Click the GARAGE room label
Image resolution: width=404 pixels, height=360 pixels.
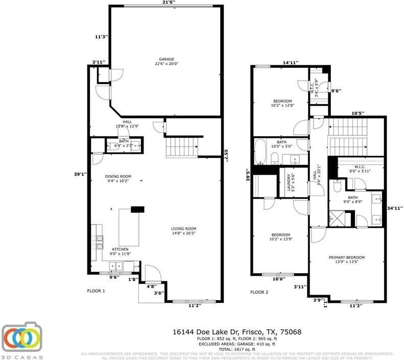pyautogui.click(x=166, y=61)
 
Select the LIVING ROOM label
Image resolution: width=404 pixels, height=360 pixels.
pyautogui.click(x=184, y=231)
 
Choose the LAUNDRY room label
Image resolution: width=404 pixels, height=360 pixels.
pyautogui.click(x=289, y=181)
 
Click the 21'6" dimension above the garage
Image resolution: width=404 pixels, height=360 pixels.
pyautogui.click(x=168, y=3)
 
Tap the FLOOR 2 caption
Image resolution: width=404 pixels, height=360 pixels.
pyautogui.click(x=258, y=292)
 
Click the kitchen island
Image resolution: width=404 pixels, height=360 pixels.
pyautogui.click(x=129, y=227)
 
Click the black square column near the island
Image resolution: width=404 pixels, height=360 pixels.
pyautogui.click(x=138, y=208)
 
